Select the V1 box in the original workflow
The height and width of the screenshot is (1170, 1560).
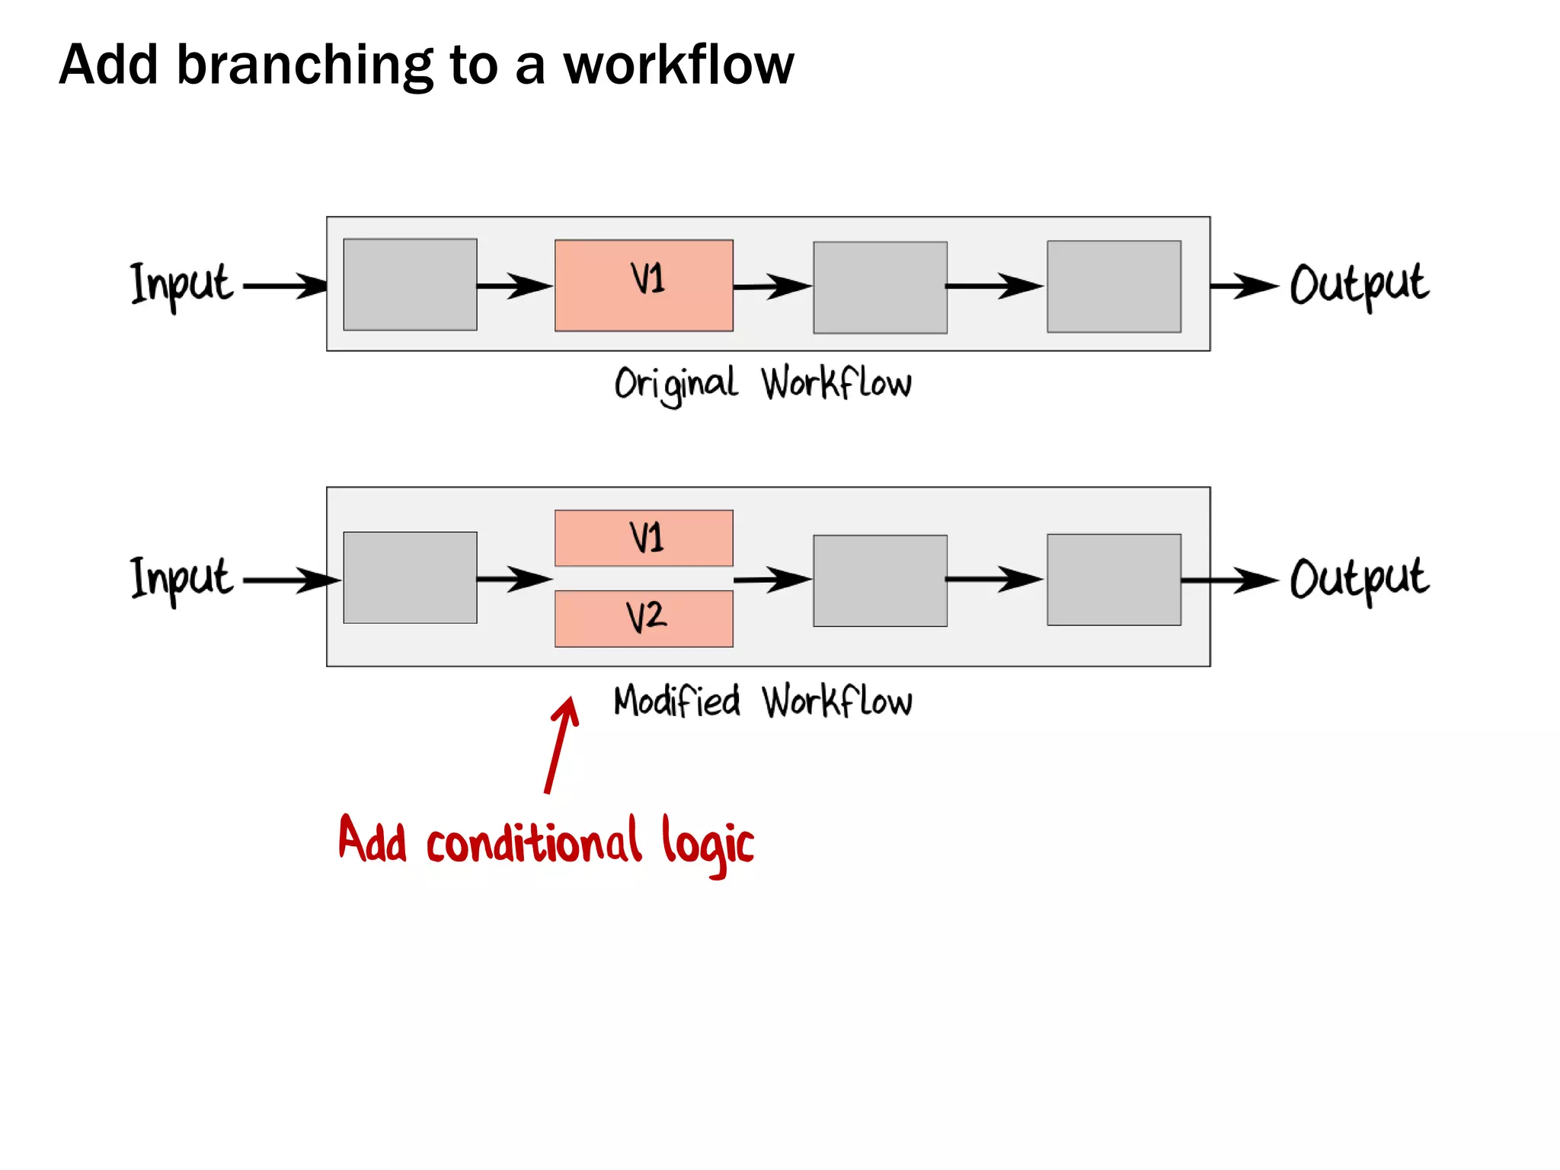644,285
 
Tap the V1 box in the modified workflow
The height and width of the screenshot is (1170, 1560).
644,538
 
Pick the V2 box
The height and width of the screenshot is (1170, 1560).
644,619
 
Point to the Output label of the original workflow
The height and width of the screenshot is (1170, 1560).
1358,285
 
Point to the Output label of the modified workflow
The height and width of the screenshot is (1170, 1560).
1358,579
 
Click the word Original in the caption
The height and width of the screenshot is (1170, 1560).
676,384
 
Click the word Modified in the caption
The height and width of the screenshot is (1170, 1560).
676,701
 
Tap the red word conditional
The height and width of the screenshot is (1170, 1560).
533,842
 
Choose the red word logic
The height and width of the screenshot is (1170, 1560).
707,844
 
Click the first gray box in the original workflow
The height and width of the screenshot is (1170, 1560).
410,284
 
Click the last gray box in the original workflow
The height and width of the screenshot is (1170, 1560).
1114,286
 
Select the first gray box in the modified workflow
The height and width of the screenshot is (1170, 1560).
410,577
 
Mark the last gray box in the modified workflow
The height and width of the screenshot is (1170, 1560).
1114,580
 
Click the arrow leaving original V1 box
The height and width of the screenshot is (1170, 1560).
771,286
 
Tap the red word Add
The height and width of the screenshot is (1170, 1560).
372,840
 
